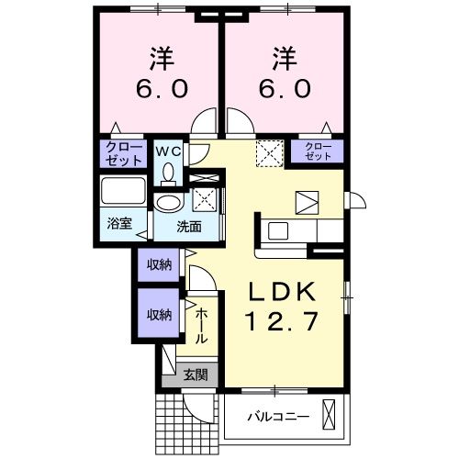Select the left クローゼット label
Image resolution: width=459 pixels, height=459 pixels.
click(x=122, y=153)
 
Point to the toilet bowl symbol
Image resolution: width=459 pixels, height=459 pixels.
click(x=168, y=172)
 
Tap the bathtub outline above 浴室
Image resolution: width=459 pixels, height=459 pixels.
click(x=122, y=194)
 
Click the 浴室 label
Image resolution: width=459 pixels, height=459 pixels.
click(x=119, y=223)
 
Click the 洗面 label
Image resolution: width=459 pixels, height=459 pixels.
click(x=190, y=227)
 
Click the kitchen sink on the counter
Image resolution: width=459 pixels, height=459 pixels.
click(x=277, y=229)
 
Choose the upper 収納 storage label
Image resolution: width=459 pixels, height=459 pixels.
click(x=158, y=266)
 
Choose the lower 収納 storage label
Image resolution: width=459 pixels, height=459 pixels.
click(x=158, y=314)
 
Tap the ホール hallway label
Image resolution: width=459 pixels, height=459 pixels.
click(x=201, y=326)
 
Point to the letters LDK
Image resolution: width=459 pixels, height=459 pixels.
click(x=285, y=291)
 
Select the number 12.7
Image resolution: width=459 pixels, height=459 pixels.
click(x=285, y=322)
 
